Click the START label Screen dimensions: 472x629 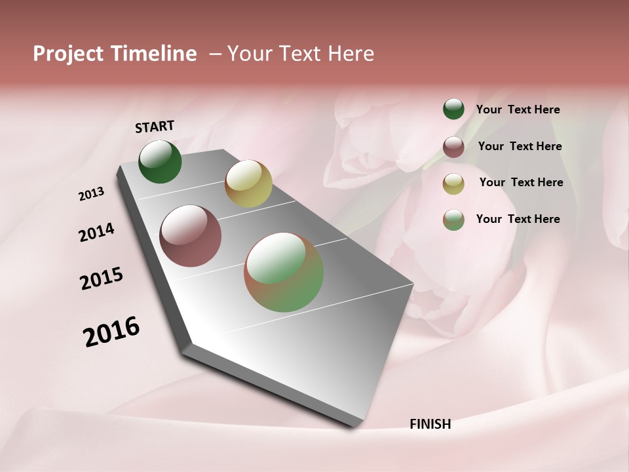155,127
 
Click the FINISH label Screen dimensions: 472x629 430,424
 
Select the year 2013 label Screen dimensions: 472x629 92,194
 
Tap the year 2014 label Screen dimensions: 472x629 96,232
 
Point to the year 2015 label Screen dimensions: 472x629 102,278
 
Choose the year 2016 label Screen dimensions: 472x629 111,332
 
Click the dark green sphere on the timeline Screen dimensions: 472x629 160,162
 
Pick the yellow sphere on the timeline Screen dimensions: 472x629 248,184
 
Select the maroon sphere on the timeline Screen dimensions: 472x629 190,236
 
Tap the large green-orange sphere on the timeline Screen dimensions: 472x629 284,272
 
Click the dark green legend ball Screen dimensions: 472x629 453,109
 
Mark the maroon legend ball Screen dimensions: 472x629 453,147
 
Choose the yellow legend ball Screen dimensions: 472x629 453,184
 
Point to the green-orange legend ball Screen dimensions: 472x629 453,220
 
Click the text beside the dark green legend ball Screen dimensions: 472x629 518,110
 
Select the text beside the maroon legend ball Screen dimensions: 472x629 520,146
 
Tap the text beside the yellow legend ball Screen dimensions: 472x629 521,182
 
